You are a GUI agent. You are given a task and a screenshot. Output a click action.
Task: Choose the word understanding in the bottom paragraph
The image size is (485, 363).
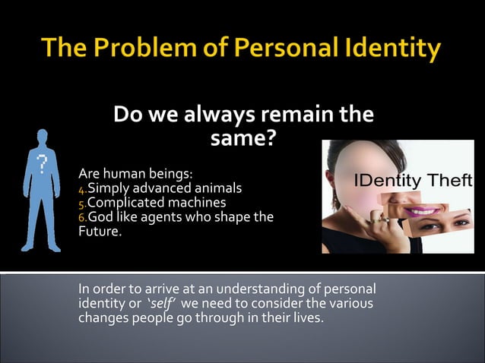tap(252, 289)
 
